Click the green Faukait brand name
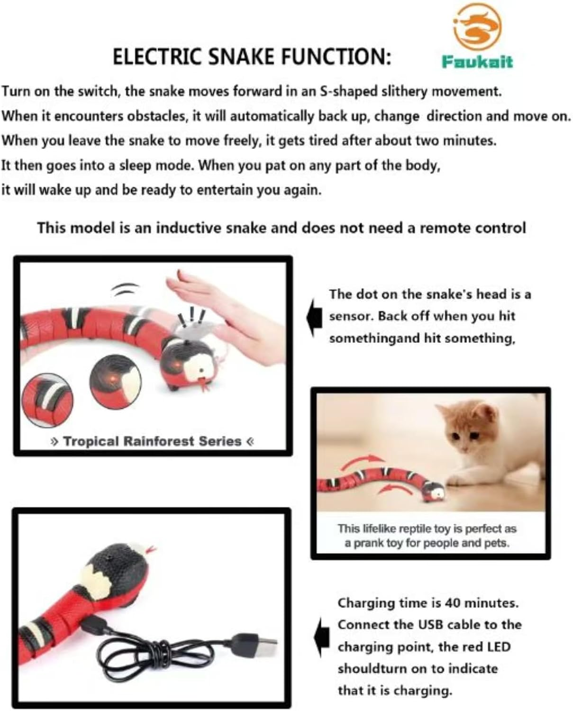pos(477,62)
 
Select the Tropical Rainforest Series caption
pos(152,441)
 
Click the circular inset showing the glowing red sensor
pos(116,382)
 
